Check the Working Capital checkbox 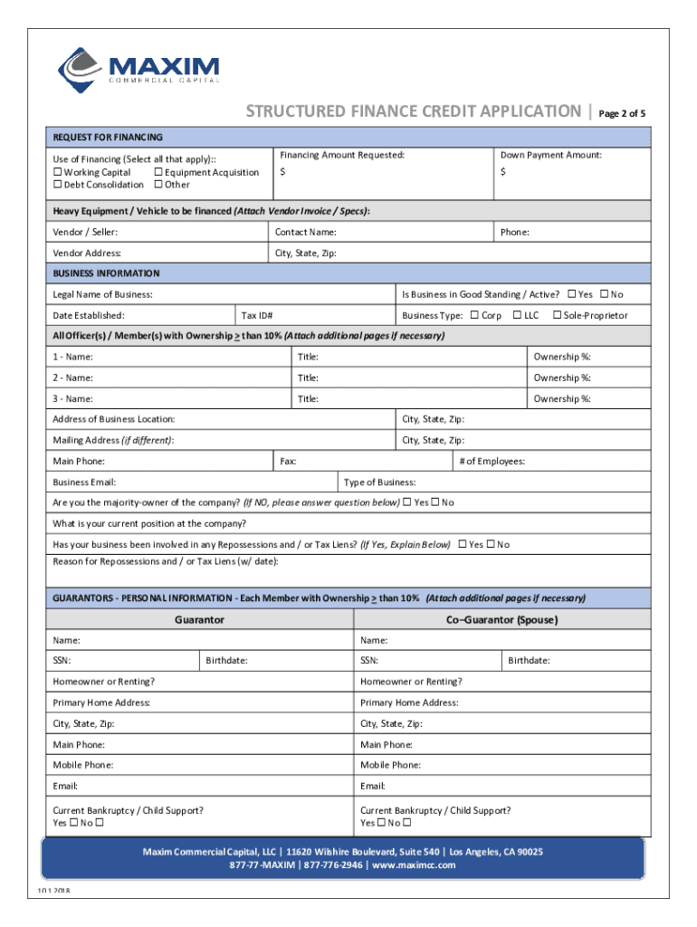coord(58,172)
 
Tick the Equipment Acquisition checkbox coord(158,172)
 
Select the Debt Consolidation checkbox coord(58,185)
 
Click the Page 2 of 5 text coord(622,114)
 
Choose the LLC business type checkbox coord(517,315)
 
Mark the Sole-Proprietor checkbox coord(557,315)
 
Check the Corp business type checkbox coord(474,315)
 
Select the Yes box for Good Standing coord(571,294)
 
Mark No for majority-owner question coord(435,502)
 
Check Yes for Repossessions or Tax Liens coord(463,544)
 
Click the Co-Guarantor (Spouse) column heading coord(501,620)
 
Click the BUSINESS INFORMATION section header coord(106,273)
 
